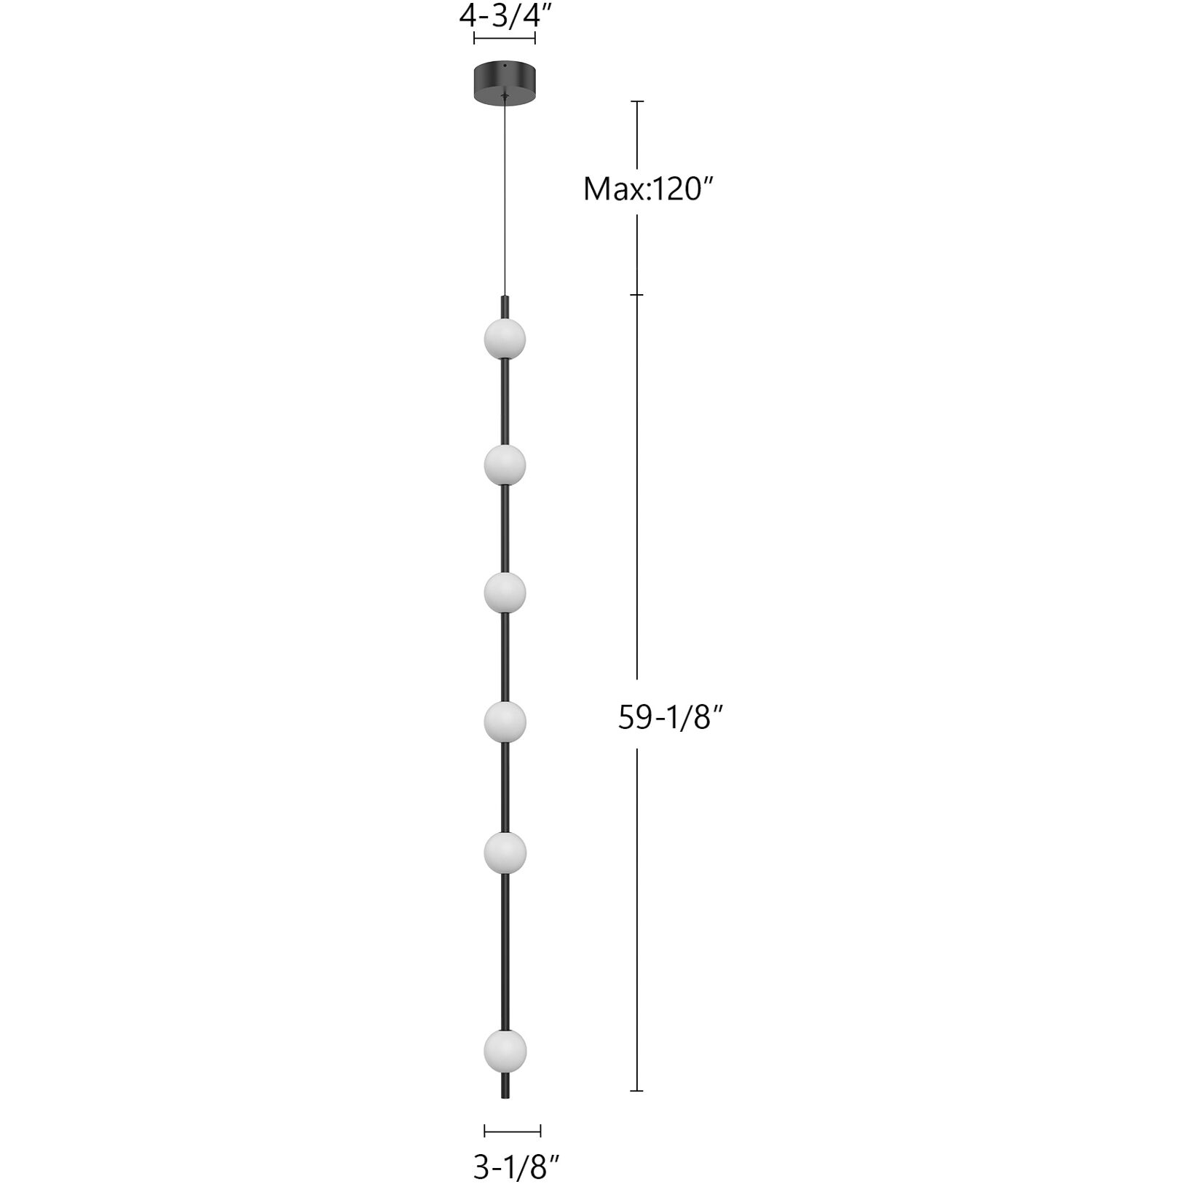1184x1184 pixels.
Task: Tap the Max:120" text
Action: pyautogui.click(x=646, y=189)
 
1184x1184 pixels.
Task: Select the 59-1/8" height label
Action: pyautogui.click(x=670, y=717)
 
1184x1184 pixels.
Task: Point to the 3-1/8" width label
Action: pyautogui.click(x=516, y=1168)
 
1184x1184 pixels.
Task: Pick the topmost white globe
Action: pyautogui.click(x=505, y=339)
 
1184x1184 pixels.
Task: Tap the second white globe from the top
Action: pyautogui.click(x=505, y=465)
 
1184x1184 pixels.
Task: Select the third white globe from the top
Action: pyautogui.click(x=505, y=593)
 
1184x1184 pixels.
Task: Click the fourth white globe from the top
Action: pyautogui.click(x=505, y=721)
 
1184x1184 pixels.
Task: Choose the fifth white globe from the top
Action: pyautogui.click(x=505, y=851)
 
